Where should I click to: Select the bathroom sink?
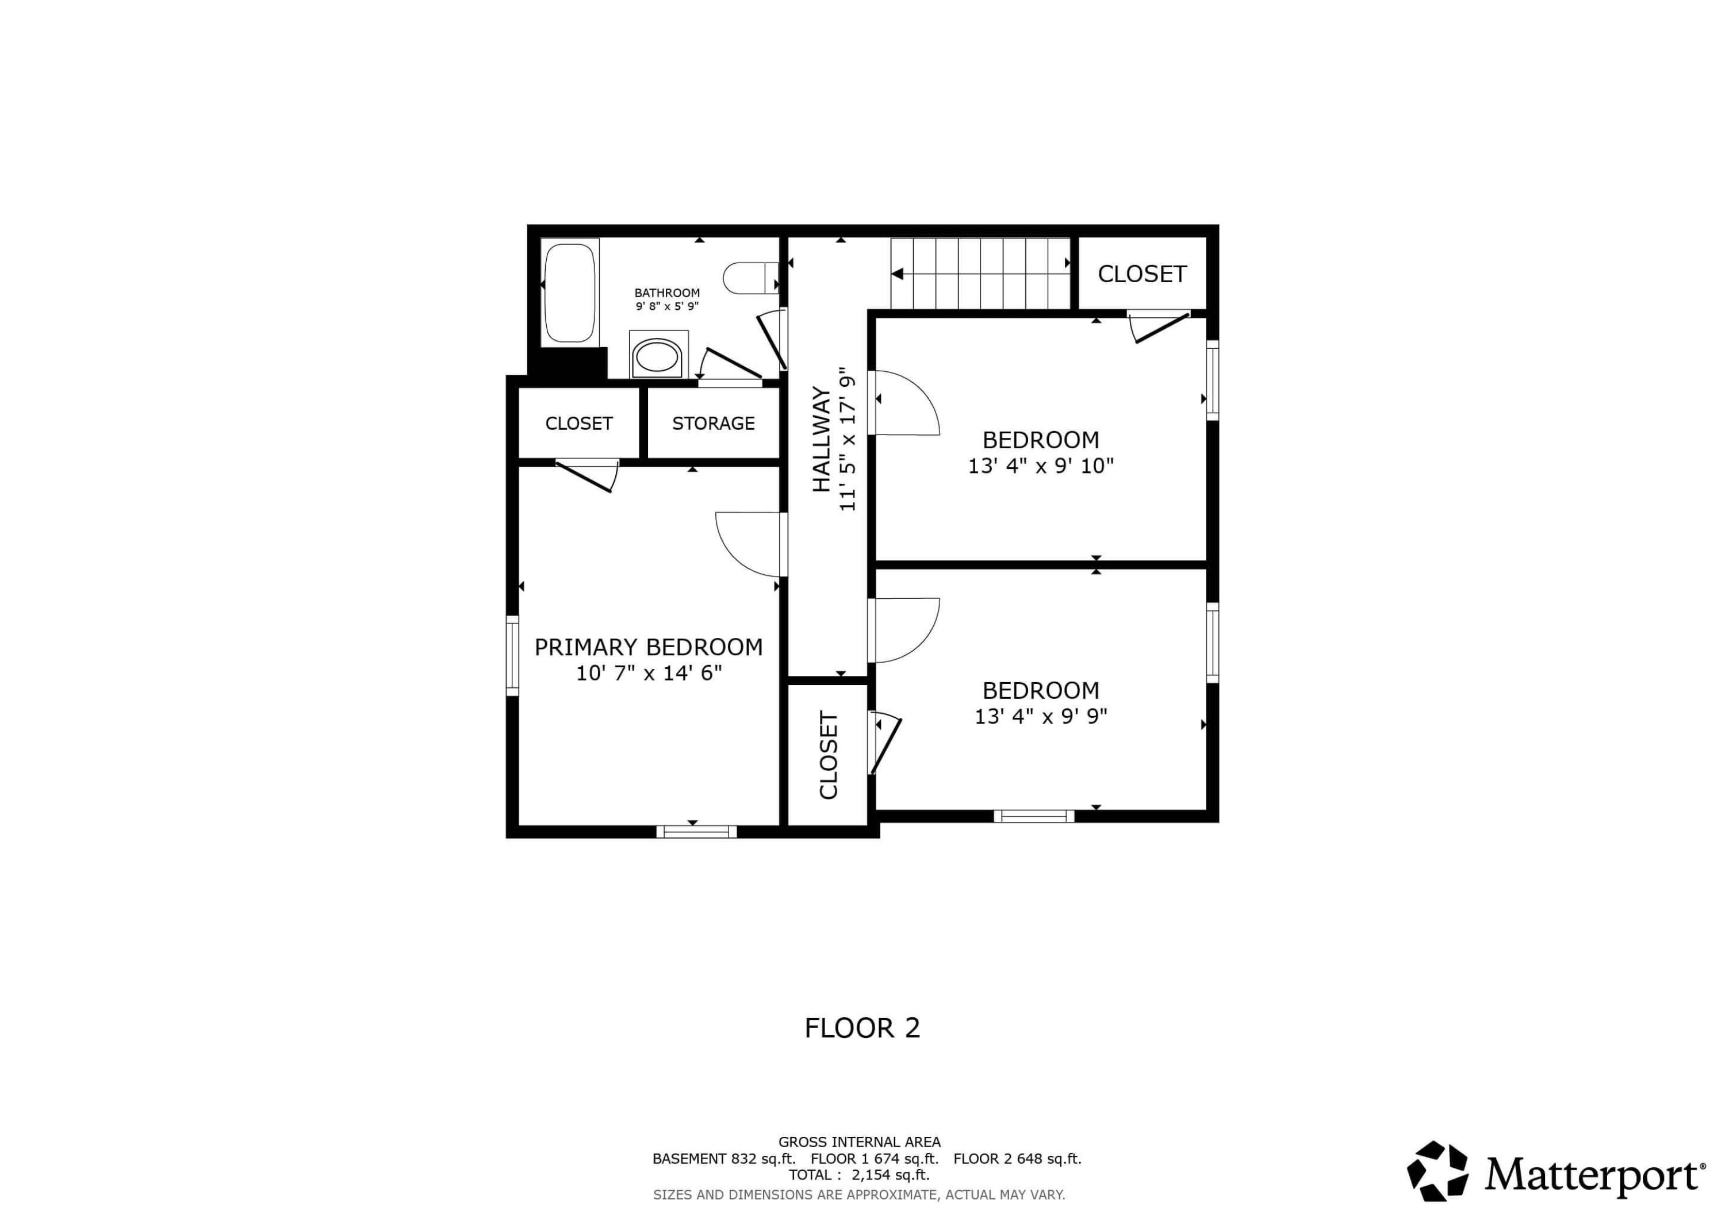[x=657, y=357]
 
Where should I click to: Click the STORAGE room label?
[x=713, y=424]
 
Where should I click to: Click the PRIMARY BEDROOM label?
[x=649, y=647]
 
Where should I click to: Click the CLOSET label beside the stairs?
[x=1142, y=274]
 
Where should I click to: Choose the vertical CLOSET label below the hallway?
[x=828, y=755]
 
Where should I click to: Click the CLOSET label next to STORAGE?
[x=578, y=424]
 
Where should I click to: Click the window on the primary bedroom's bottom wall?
[x=696, y=832]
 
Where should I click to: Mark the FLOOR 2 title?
[x=862, y=1028]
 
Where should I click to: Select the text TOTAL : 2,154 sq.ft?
[x=858, y=1175]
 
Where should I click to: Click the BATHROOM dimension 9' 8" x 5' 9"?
[x=666, y=306]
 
